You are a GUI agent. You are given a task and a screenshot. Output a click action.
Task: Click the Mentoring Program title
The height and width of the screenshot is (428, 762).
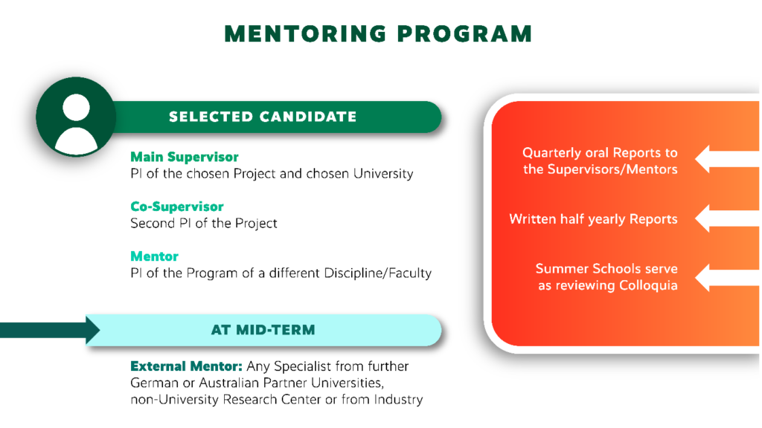point(378,34)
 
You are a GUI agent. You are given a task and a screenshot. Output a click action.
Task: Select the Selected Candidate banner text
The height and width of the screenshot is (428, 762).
point(263,117)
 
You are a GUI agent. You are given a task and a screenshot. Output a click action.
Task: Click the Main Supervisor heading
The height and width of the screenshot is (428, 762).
point(185,157)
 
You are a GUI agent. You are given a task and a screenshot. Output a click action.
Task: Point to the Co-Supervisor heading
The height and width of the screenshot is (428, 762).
point(177,207)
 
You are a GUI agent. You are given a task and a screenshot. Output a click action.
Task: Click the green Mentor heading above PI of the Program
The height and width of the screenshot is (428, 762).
point(155,256)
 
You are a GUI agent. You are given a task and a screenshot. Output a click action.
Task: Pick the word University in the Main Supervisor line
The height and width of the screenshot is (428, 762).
point(383,174)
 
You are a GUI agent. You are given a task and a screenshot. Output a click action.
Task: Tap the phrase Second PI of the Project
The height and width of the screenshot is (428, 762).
point(204,223)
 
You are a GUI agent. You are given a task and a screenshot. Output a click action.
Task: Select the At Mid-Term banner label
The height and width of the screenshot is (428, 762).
point(263,330)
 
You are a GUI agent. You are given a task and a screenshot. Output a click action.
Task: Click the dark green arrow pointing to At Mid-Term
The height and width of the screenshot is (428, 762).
point(50,330)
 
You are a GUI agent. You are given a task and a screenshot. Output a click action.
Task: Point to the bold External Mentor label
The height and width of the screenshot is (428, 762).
point(186,366)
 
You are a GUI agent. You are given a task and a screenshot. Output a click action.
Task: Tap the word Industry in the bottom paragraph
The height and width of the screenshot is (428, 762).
point(399,399)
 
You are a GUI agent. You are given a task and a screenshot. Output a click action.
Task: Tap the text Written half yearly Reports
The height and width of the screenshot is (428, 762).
point(593,219)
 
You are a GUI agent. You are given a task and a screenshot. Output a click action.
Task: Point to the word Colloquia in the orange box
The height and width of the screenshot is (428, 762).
point(648,285)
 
